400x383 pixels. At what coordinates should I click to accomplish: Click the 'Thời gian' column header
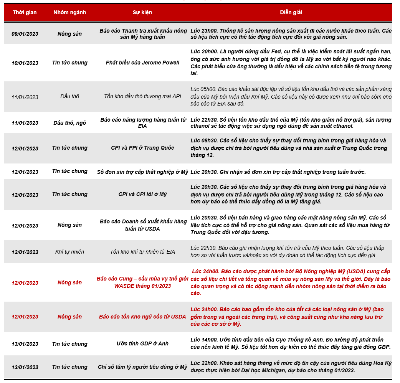(25, 12)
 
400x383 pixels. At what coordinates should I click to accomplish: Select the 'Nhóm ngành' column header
(69, 12)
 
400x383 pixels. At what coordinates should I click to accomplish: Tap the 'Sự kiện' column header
(142, 12)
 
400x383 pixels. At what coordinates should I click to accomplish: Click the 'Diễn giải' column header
(291, 12)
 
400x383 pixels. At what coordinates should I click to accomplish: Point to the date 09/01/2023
(25, 34)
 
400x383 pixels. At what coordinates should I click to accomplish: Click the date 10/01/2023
(25, 63)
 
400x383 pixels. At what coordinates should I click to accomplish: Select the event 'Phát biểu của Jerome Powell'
(142, 63)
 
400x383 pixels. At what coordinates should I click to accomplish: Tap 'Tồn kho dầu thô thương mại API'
(142, 97)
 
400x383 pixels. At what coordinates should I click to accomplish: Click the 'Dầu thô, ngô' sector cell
(69, 123)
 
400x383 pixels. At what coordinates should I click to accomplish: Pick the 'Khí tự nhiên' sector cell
(69, 252)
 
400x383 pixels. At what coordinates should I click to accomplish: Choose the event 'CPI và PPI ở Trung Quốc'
(142, 148)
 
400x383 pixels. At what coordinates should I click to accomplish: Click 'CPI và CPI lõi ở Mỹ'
(142, 194)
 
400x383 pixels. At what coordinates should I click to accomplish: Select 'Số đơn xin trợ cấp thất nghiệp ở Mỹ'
(142, 172)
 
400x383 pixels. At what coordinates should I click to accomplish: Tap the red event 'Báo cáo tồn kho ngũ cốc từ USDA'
(142, 317)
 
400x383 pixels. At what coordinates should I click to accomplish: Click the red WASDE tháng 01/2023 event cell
(142, 282)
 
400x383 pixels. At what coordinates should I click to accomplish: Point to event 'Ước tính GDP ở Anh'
(142, 343)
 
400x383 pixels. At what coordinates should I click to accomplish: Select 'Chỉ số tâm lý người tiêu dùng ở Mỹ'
(142, 367)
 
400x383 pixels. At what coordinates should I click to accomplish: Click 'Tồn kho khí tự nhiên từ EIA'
(142, 252)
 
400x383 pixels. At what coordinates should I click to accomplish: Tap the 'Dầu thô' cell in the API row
(69, 97)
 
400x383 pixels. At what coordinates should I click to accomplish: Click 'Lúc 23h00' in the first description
(204, 31)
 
